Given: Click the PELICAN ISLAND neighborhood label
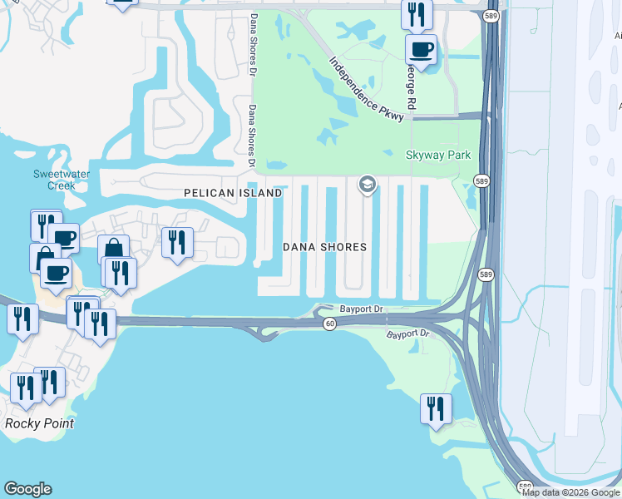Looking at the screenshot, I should tap(232, 193).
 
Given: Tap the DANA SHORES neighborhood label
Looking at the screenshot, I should tap(324, 247).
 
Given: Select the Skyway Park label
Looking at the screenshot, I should tap(437, 156).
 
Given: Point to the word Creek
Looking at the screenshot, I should tap(61, 185).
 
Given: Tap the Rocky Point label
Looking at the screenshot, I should tap(39, 423).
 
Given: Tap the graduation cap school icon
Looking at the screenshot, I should tap(367, 183).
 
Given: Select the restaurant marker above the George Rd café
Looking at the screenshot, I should tap(416, 14).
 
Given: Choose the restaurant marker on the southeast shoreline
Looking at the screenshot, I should tap(436, 408).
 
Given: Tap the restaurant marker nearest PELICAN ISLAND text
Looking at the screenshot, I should tap(177, 242).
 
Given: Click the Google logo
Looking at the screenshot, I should tap(27, 489).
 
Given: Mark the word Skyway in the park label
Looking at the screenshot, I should tap(422, 156).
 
